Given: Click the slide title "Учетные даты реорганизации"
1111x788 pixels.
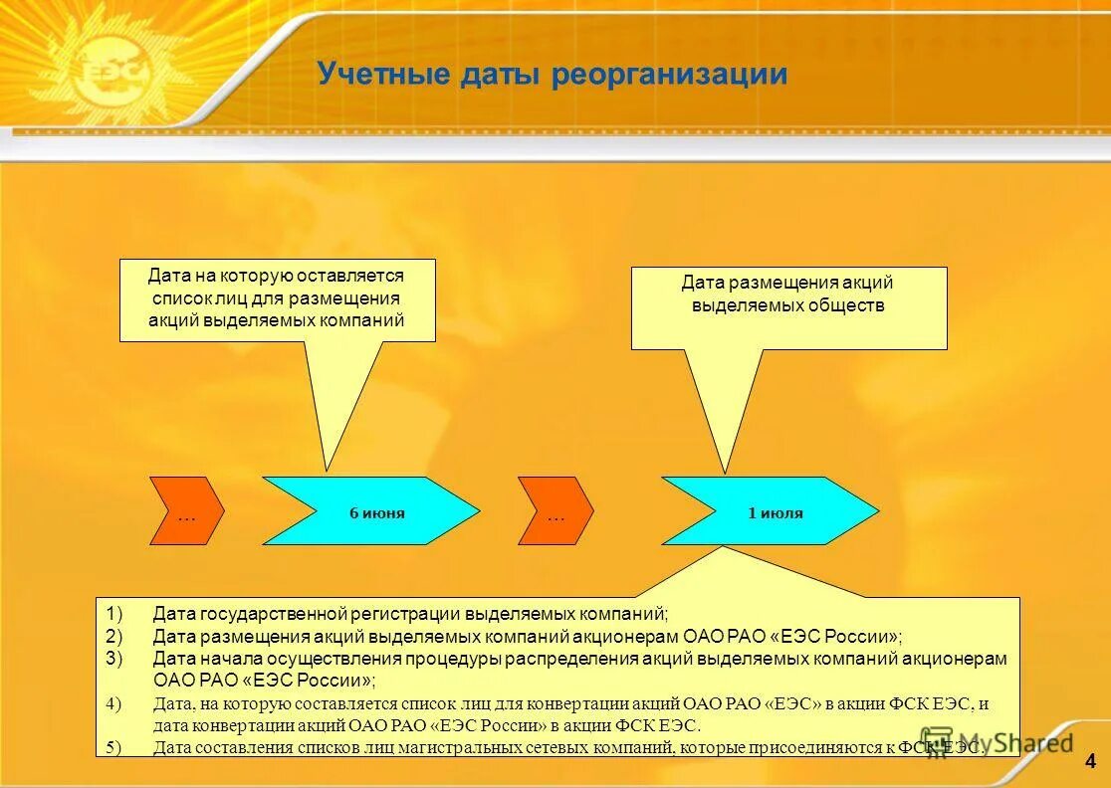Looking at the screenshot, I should point(553,75).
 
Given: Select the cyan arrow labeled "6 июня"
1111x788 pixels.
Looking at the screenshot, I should point(369,511).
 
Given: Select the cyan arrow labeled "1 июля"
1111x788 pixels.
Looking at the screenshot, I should point(770,511).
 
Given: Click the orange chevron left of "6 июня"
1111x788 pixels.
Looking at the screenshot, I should point(186,511).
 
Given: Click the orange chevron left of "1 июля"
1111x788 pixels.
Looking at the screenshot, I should point(555,511).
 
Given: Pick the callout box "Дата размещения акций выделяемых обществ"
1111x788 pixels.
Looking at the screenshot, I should point(788,306).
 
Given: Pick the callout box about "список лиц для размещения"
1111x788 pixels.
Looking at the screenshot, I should point(277,298).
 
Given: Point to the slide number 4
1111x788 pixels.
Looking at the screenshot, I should point(1090,762).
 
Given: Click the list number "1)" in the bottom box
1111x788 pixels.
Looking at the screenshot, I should point(114,614).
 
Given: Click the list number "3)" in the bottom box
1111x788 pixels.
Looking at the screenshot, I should point(114,659).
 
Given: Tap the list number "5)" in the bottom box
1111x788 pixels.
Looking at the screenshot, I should point(114,748).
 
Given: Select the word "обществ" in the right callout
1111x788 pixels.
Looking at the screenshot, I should point(846,305).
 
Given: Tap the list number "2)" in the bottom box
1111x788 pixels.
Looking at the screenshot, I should point(114,636).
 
